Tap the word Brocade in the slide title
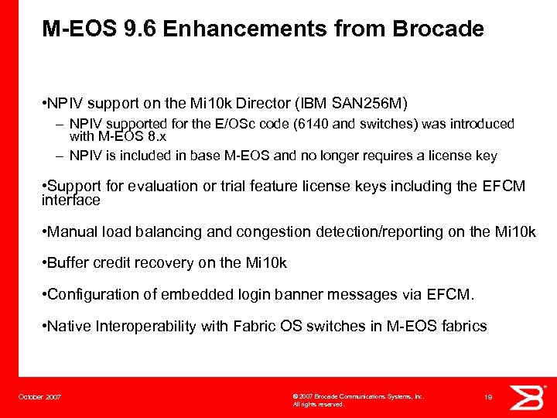pos(438,29)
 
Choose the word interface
pos(70,200)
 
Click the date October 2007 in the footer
pos(40,397)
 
